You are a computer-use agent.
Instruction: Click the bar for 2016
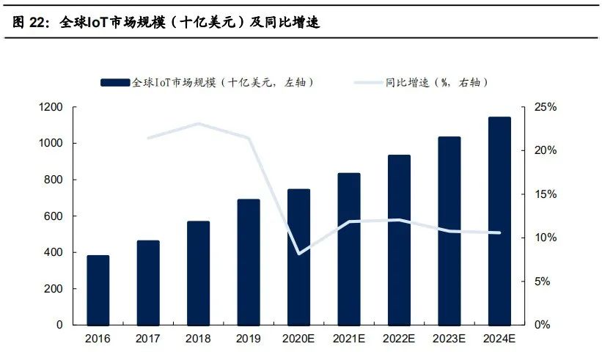click(98, 290)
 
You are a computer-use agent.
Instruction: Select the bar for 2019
click(249, 262)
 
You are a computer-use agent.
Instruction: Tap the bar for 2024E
click(499, 221)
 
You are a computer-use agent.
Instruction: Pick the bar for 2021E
click(349, 249)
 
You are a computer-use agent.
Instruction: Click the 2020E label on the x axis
click(298, 339)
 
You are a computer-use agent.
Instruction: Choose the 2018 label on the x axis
click(198, 339)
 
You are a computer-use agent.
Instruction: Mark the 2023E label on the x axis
click(449, 339)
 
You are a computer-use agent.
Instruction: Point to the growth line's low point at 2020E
click(298, 254)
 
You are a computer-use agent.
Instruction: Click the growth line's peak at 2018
click(198, 124)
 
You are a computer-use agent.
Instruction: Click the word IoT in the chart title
click(98, 23)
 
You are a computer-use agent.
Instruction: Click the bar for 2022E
click(399, 240)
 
